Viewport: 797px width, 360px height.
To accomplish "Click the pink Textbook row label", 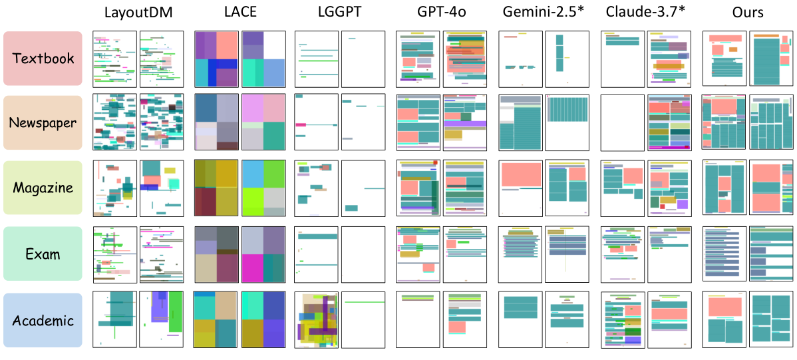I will [x=43, y=59].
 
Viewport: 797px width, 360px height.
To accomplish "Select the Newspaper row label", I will [x=43, y=122].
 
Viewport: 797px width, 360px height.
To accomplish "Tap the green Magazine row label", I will [x=43, y=188].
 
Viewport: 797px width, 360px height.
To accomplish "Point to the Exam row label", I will [x=43, y=254].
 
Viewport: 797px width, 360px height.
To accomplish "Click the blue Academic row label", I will [x=43, y=320].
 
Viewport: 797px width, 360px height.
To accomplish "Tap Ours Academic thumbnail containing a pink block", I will [x=724, y=320].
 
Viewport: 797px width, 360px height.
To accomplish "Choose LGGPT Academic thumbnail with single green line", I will [x=363, y=320].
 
